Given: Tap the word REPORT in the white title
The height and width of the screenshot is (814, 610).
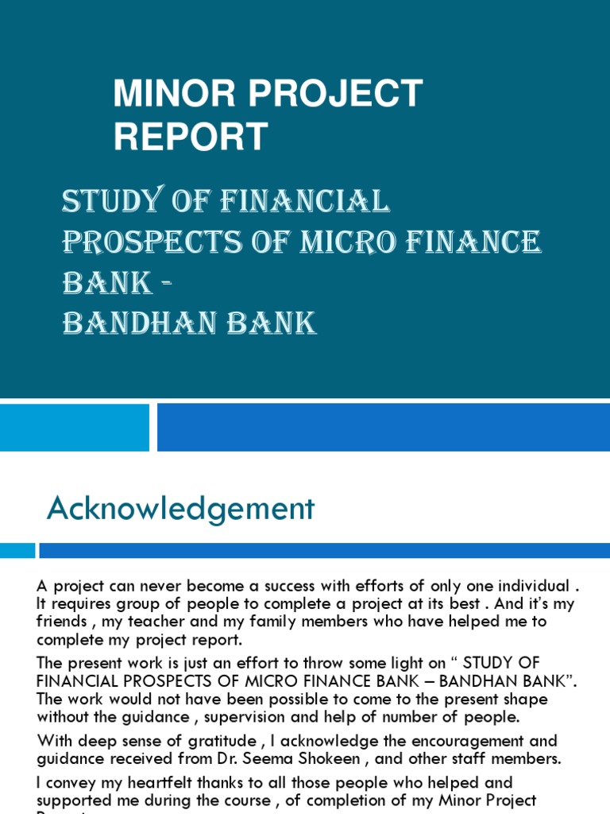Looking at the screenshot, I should coord(191,136).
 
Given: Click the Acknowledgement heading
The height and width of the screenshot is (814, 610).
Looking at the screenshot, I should coord(180,509).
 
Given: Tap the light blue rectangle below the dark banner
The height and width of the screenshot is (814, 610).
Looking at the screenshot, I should coord(74,427).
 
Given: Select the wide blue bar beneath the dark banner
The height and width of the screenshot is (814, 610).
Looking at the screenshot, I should coord(383,427).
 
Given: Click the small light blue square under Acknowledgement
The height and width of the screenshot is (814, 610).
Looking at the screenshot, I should coord(17,550).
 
